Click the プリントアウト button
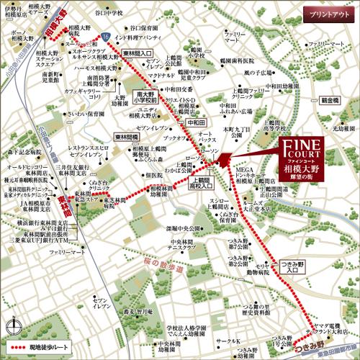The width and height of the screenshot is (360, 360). tap(330, 14)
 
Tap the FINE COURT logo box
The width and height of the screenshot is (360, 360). tap(302, 162)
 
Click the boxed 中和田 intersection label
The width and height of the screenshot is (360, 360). tap(196, 122)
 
